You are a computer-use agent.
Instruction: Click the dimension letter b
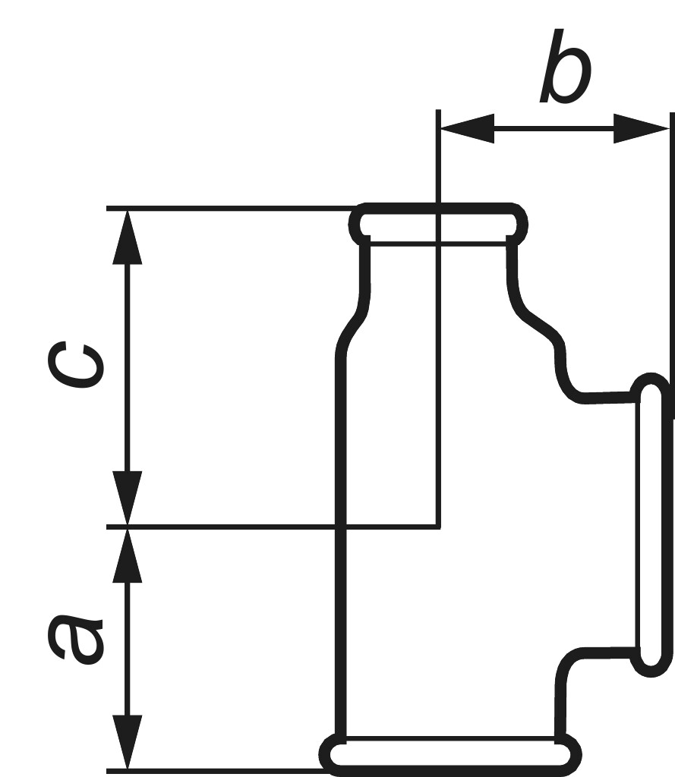[x=566, y=67]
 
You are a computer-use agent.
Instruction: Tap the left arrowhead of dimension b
[x=467, y=129]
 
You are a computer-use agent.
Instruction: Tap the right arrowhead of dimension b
[x=641, y=129]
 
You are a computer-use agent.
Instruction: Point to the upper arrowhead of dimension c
[x=128, y=237]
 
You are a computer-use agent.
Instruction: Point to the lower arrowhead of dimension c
[x=128, y=498]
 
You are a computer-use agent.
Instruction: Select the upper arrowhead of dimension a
[x=128, y=555]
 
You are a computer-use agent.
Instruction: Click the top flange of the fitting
[x=438, y=224]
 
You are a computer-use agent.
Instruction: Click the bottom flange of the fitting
[x=449, y=755]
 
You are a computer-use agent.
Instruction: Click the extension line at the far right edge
[x=672, y=266]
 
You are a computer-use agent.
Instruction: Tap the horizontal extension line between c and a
[x=273, y=527]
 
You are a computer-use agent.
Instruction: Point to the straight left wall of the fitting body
[x=341, y=545]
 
